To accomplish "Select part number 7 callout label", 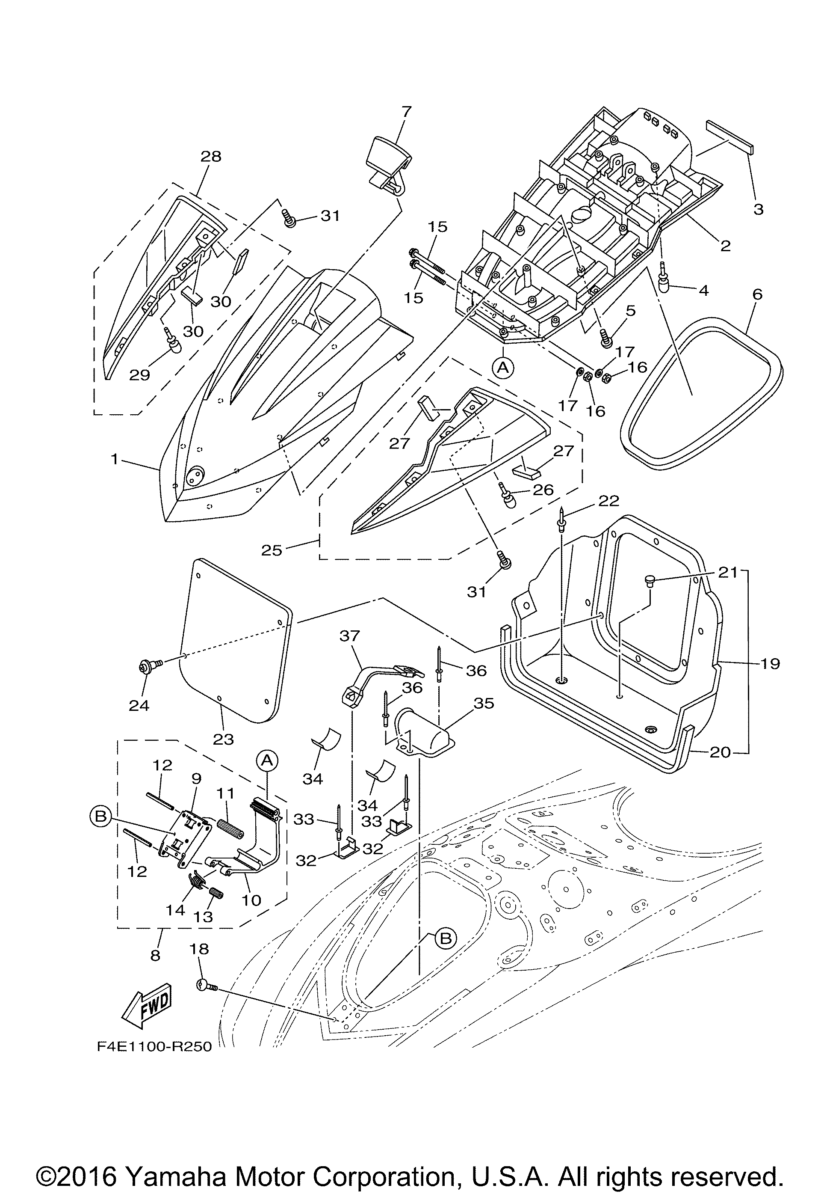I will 406,112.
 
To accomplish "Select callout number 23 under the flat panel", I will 223,740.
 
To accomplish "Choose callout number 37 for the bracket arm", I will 349,636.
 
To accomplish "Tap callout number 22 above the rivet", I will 608,501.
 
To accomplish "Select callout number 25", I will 271,550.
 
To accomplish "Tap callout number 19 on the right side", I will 770,663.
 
